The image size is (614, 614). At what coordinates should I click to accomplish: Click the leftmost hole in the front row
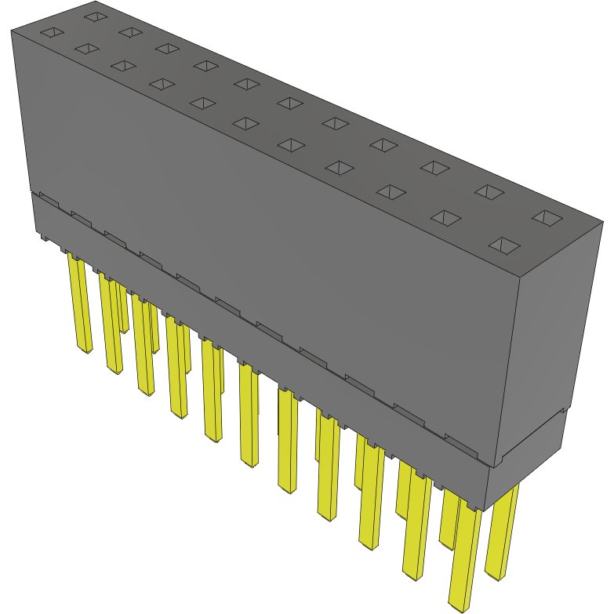[50, 33]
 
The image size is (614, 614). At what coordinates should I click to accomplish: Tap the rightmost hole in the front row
[503, 245]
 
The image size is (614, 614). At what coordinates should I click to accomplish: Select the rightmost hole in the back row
[547, 217]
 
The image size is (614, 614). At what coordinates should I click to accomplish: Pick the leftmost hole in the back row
[94, 16]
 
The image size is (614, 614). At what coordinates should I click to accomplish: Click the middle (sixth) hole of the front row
[246, 123]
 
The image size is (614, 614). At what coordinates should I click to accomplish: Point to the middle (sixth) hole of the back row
[289, 103]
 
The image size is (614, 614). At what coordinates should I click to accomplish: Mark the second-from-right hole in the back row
[489, 191]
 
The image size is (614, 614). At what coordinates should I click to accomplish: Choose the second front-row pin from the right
[416, 525]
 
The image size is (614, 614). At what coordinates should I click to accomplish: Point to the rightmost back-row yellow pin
[502, 533]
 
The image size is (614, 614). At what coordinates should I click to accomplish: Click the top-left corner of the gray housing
[13, 32]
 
